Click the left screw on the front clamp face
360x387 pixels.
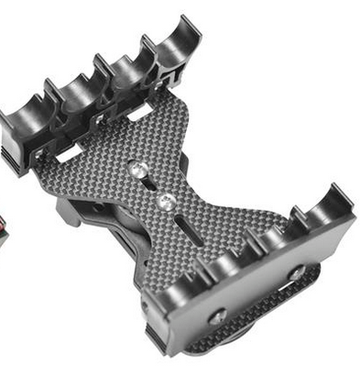pyautogui.click(x=218, y=317)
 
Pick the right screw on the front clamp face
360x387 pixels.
pyautogui.click(x=298, y=273)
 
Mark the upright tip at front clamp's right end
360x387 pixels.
pyautogui.click(x=344, y=194)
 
